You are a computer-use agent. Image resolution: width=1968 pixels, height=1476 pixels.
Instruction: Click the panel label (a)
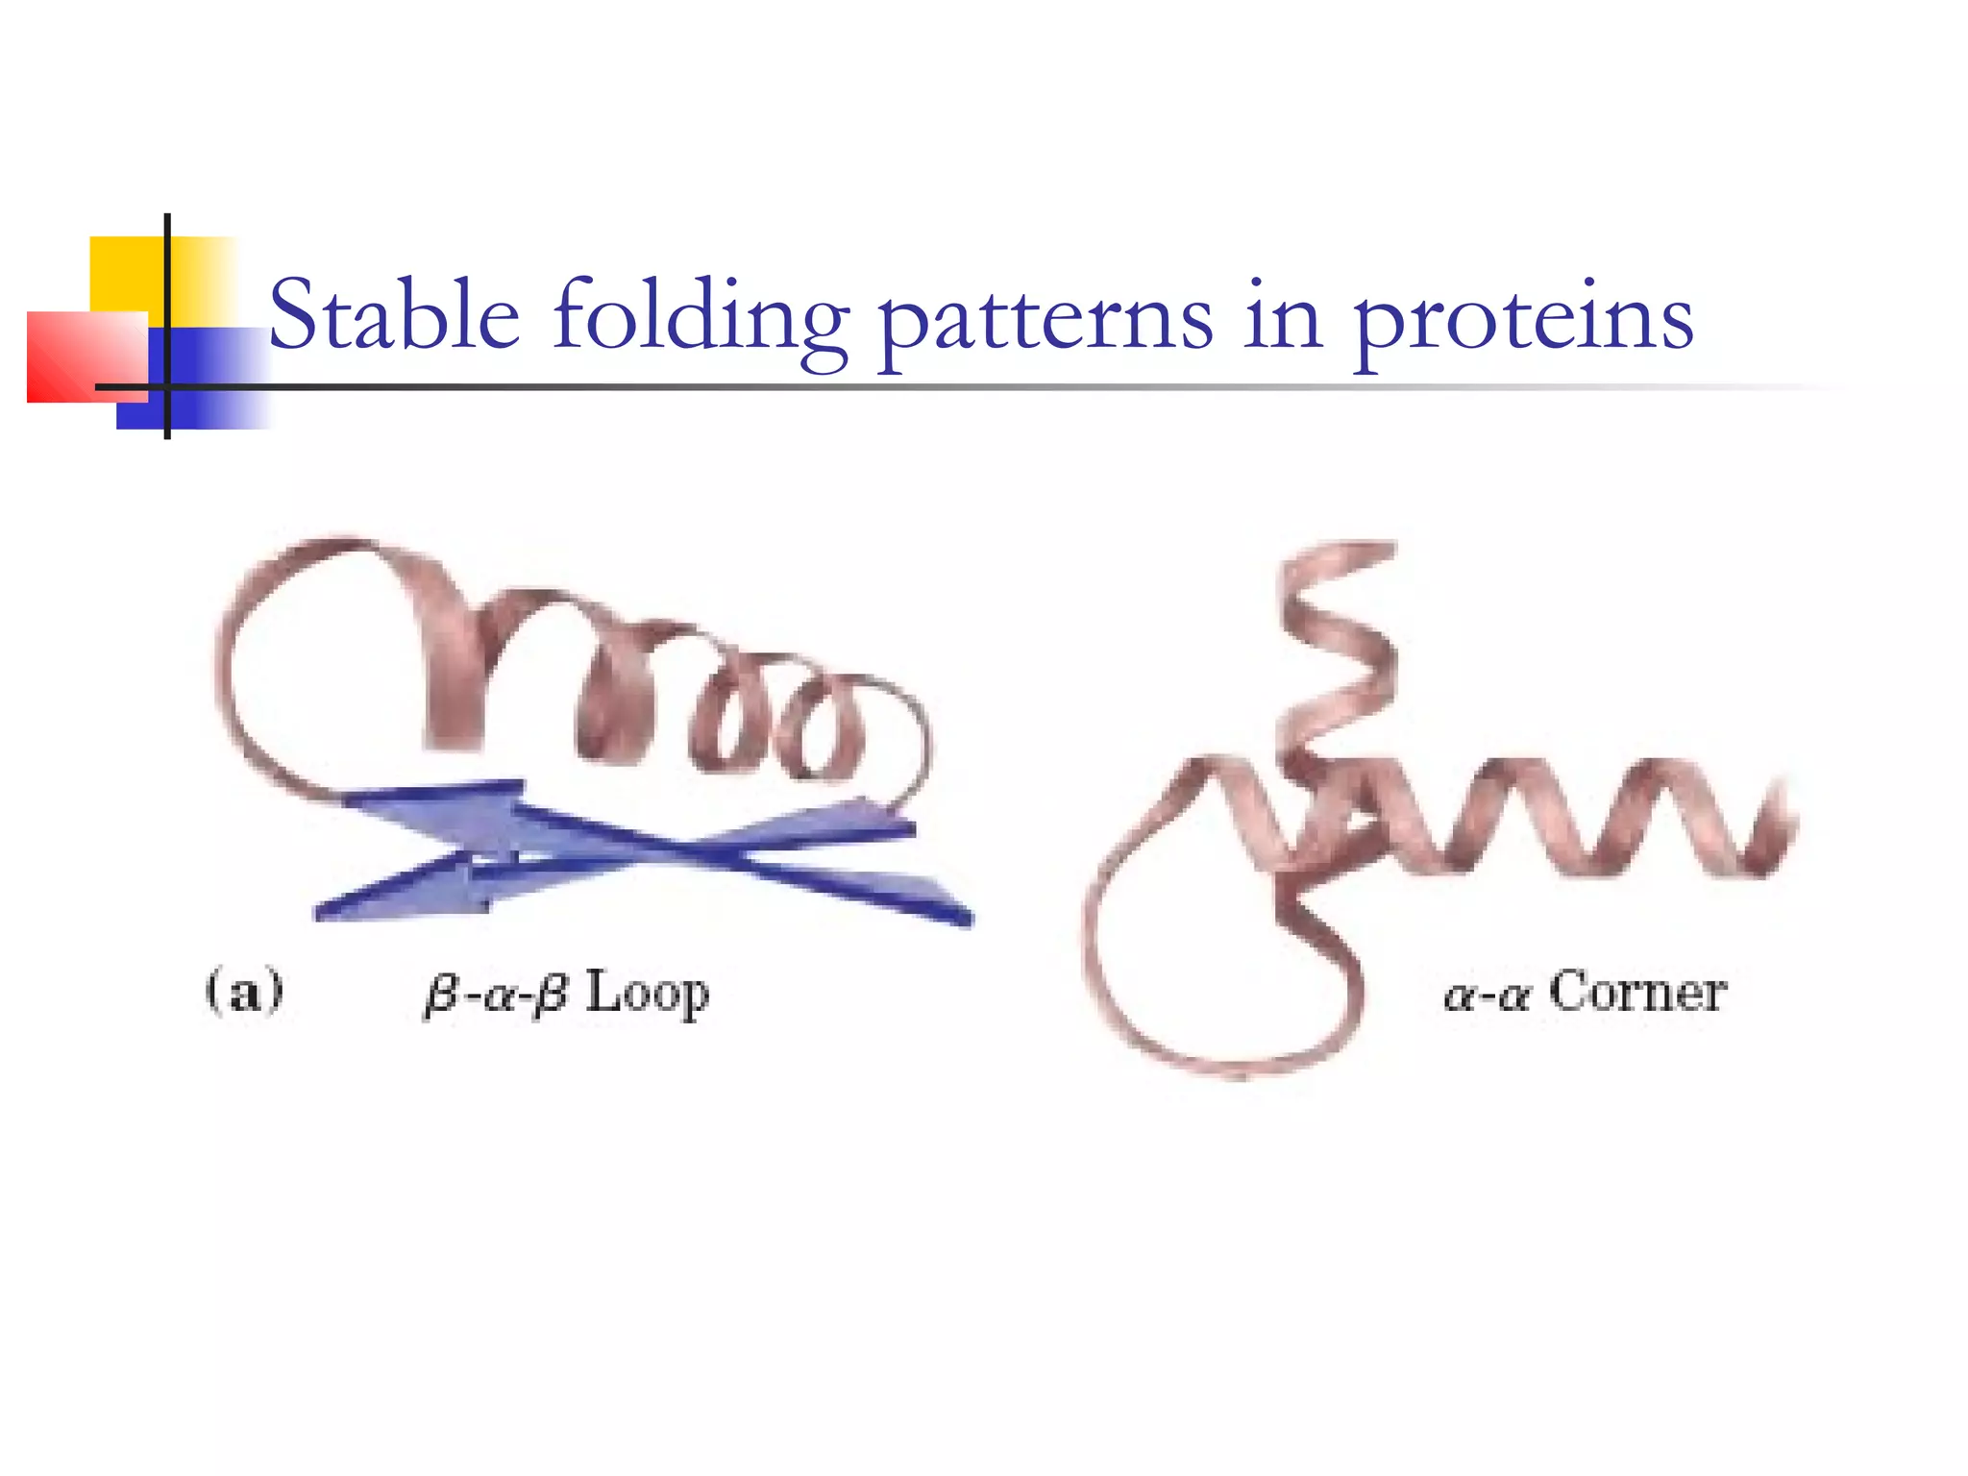244,991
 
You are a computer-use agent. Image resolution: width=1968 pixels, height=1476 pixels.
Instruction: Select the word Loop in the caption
647,994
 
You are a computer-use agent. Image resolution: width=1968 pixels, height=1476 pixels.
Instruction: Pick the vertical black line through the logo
167,327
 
